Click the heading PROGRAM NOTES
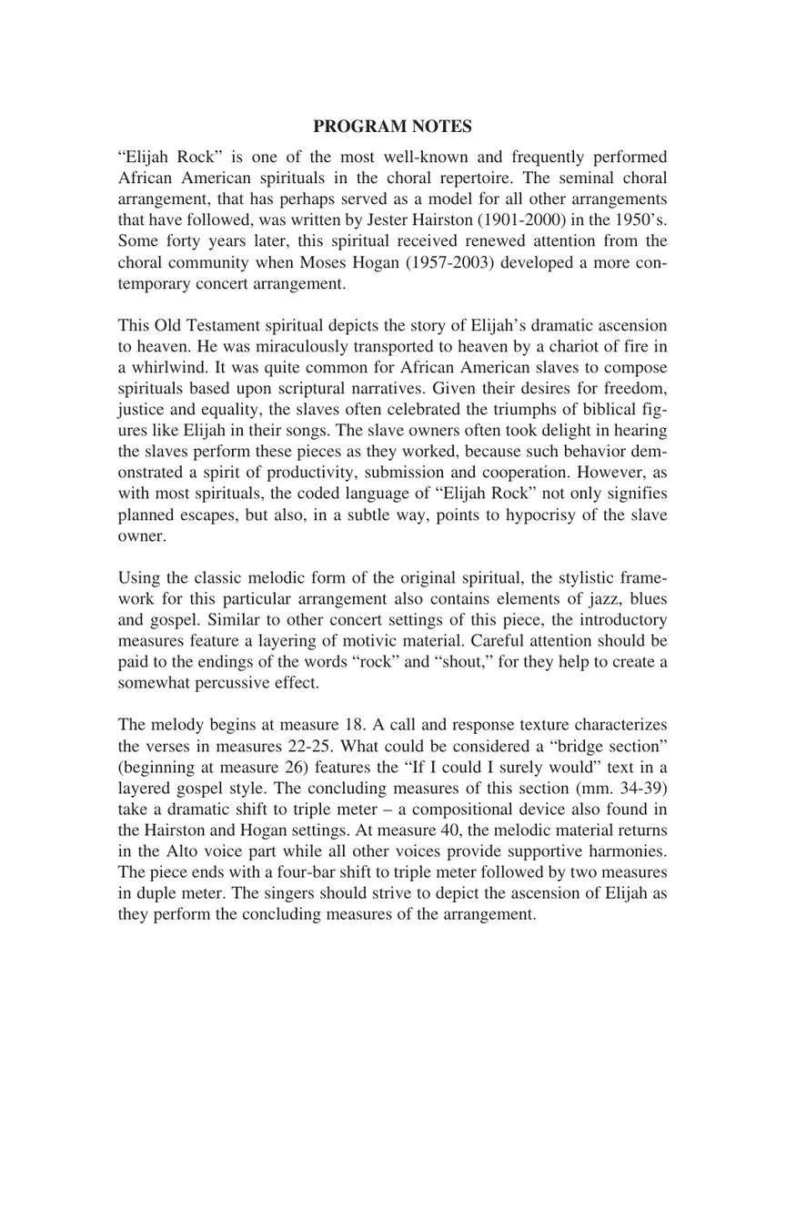392,127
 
